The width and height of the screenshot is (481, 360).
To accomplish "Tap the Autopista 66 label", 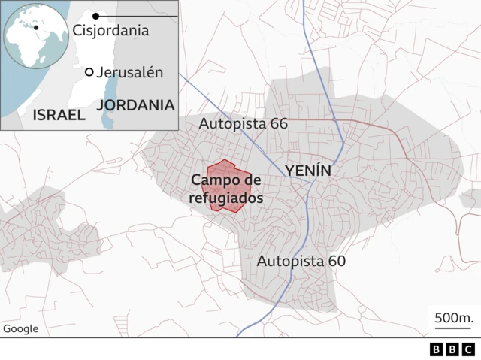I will (x=243, y=123).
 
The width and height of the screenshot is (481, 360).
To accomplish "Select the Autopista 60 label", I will (x=301, y=262).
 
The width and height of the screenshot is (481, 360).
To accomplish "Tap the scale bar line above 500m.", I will (x=452, y=328).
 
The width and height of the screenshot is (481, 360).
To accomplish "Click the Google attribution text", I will (x=20, y=328).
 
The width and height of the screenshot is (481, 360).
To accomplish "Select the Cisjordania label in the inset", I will (x=110, y=31).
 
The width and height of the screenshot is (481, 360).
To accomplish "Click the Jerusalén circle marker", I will (x=89, y=72).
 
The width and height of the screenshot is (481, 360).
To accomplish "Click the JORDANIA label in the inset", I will (x=136, y=105).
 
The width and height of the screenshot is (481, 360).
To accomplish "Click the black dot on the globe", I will (x=35, y=27).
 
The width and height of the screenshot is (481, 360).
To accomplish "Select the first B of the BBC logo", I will (x=436, y=349).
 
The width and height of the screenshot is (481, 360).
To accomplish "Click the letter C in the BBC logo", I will (x=467, y=349).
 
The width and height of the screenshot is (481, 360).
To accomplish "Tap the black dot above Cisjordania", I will (x=95, y=15).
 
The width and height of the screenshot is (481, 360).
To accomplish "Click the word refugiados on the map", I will (x=226, y=199).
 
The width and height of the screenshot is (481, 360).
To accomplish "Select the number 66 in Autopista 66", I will (x=278, y=123).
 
